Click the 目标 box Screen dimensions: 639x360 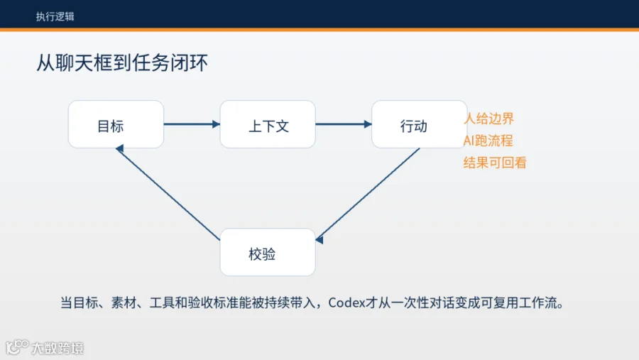[x=116, y=124]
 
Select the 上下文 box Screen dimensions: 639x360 [x=268, y=124]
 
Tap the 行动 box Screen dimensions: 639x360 [x=420, y=124]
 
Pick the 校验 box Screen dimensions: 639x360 [x=268, y=252]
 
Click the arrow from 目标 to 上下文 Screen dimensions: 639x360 [x=192, y=124]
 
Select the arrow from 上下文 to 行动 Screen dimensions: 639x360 [x=344, y=124]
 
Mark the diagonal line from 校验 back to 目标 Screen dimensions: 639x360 [x=168, y=192]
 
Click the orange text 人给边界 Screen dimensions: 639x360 [x=489, y=119]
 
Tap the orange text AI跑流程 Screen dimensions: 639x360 [x=488, y=141]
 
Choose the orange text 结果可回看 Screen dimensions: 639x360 [x=495, y=163]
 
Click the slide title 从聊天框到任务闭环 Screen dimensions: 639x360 [x=122, y=62]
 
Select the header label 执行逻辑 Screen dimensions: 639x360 [x=55, y=17]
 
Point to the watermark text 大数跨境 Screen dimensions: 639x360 [x=58, y=348]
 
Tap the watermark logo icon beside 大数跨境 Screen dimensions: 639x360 [x=17, y=347]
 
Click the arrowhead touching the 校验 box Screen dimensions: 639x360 [x=319, y=239]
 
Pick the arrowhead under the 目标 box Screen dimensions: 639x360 [x=120, y=148]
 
